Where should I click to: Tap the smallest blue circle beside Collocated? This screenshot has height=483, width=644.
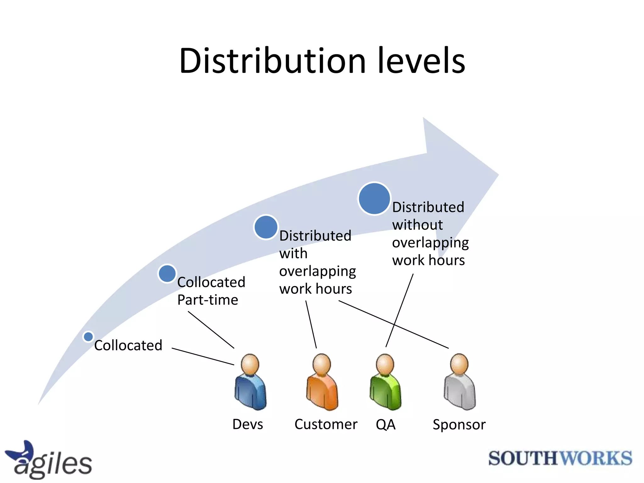point(88,336)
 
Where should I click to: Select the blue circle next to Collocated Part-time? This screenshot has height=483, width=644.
point(167,273)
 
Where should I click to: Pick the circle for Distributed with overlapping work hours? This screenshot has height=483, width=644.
point(266,227)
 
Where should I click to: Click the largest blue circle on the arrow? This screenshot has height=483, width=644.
point(374,199)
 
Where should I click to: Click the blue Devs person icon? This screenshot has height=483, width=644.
point(250,382)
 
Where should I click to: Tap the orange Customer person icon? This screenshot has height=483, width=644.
point(322,382)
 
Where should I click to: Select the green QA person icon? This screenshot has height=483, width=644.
point(385,382)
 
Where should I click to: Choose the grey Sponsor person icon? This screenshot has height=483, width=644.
point(460,382)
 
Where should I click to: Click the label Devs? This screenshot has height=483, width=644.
point(247,425)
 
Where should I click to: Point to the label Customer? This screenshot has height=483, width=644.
point(326,425)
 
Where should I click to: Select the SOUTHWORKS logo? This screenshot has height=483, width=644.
point(560,458)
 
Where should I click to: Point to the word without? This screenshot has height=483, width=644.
point(417,225)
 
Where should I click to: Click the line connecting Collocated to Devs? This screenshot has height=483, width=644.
point(203,357)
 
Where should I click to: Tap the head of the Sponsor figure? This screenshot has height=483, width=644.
point(459,364)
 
